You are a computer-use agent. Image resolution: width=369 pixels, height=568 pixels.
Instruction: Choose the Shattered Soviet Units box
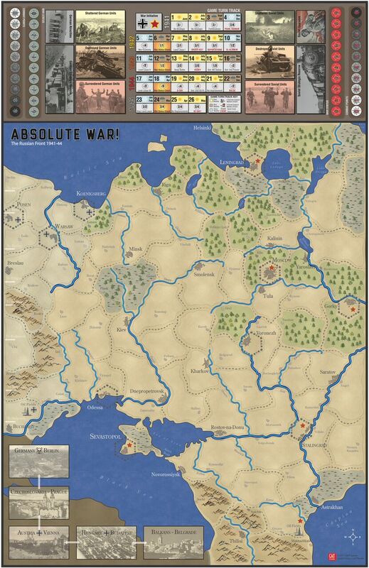click(x=269, y=26)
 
